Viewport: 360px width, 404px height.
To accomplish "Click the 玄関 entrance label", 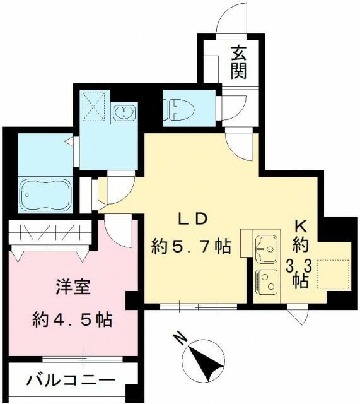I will pos(238,62).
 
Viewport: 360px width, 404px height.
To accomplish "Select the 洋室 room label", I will pos(72,290).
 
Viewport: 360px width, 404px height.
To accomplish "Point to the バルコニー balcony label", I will pos(71,381).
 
